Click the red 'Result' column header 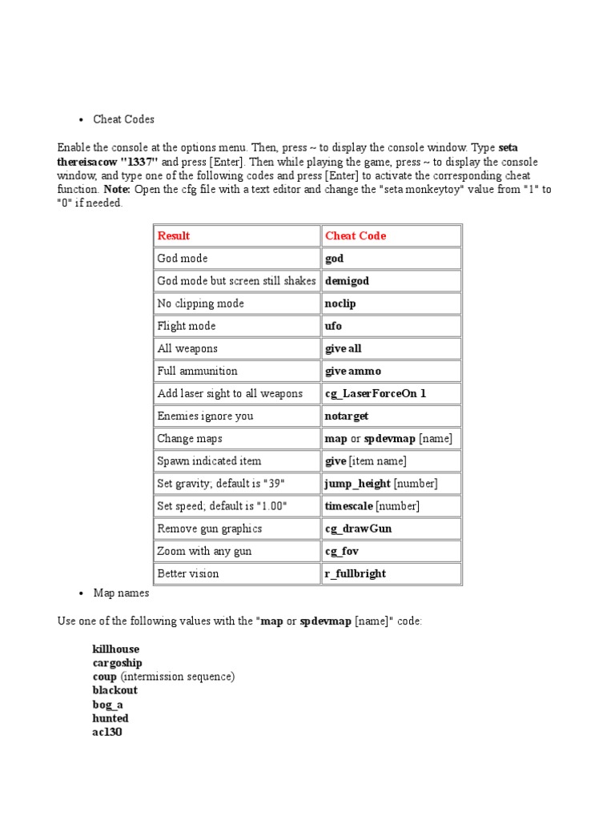coord(174,235)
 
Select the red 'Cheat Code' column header coord(356,235)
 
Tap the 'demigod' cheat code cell coord(347,281)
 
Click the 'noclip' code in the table coord(340,303)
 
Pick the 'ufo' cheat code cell coord(333,326)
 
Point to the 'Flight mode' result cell coord(187,326)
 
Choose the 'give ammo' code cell coord(353,371)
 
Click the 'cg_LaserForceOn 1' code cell coord(376,393)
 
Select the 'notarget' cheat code coord(347,416)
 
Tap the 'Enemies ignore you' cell coord(207,416)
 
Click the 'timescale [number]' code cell coord(372,506)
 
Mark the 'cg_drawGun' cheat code coord(358,529)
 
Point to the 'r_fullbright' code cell coord(355,573)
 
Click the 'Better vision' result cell coord(188,573)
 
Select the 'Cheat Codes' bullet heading coord(123,119)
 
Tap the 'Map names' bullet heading coord(121,593)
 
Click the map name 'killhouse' coord(116,649)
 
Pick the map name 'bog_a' coord(108,704)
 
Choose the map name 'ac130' coord(107,732)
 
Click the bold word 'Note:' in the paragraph coord(117,190)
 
